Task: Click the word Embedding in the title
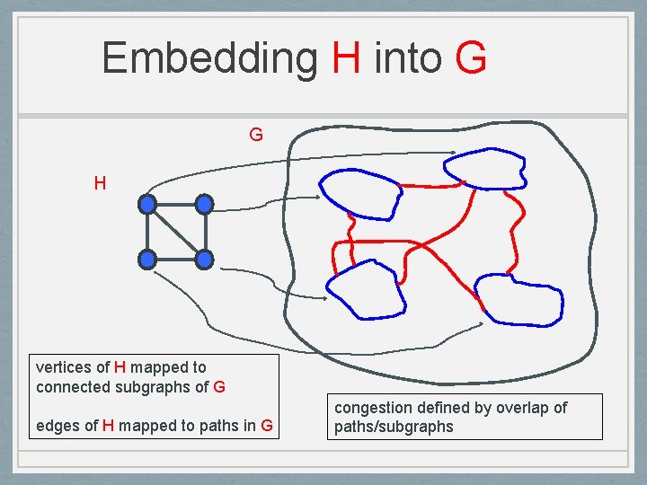click(x=209, y=58)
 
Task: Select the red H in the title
click(x=346, y=58)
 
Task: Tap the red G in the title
click(x=471, y=58)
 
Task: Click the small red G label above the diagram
click(x=256, y=136)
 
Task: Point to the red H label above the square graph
click(x=100, y=184)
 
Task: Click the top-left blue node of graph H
click(x=147, y=204)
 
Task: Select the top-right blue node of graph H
click(x=205, y=204)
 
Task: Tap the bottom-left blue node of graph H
click(x=147, y=260)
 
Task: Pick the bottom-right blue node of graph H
click(x=205, y=260)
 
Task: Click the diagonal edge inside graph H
click(x=176, y=232)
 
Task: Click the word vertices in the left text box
click(x=63, y=367)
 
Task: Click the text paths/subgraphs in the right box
click(x=394, y=427)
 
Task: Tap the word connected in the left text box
click(x=71, y=388)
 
